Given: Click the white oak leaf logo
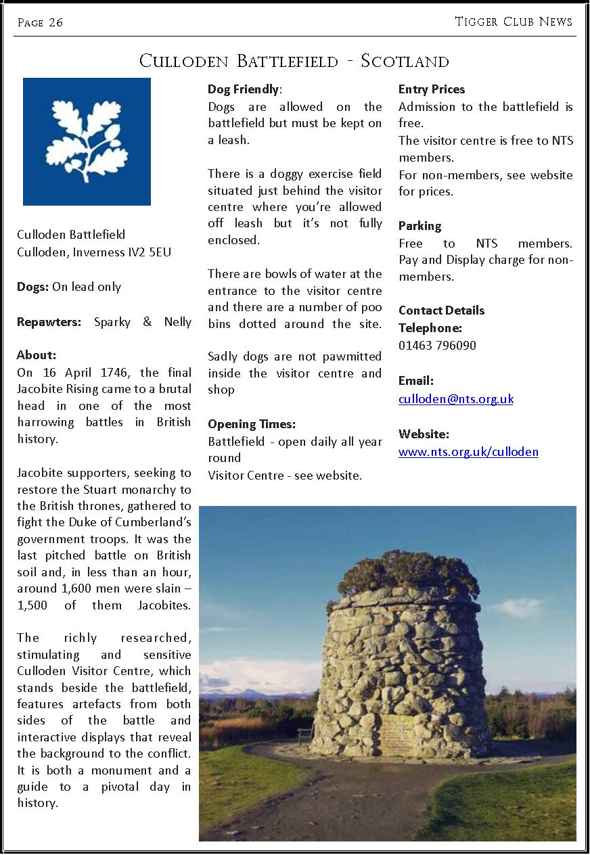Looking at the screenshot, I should point(87,141).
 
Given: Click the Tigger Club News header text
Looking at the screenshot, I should point(514,22).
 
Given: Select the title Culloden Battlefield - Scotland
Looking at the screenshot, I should point(294,61).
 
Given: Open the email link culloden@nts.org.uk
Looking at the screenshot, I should point(455,399).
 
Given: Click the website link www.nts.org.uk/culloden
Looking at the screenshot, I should point(468,452).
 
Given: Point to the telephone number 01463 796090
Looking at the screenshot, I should point(437,346).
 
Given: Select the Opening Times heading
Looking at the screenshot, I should point(252,425).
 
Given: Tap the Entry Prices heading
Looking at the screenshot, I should point(432,89).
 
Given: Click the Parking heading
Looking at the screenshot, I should point(419,226).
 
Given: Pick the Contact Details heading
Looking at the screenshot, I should point(441,310).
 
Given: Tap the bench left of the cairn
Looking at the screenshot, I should point(305,735).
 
